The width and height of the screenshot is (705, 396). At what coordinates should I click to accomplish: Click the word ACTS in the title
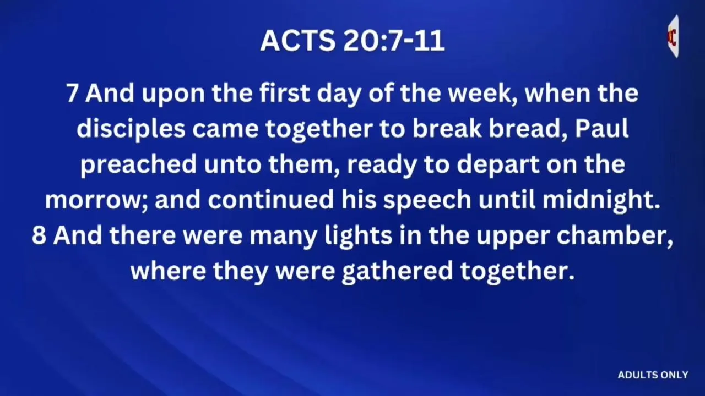(298, 41)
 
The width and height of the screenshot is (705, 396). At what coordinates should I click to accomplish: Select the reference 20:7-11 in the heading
(394, 41)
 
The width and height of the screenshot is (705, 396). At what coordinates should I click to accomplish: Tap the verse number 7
(72, 94)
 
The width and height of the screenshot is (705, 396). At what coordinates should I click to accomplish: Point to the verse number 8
(39, 235)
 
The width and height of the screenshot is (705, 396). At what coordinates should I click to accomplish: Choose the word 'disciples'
(131, 129)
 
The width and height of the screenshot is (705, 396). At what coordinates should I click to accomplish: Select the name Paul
(602, 129)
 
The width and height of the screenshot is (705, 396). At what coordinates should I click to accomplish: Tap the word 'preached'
(138, 164)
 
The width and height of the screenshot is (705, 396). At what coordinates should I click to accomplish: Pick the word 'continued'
(270, 200)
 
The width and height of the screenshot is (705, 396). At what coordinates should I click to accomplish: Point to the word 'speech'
(427, 200)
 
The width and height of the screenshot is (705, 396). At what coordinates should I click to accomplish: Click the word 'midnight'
(600, 200)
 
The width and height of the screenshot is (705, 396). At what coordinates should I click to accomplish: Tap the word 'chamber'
(615, 235)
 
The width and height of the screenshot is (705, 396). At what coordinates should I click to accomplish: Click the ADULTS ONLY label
(653, 375)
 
